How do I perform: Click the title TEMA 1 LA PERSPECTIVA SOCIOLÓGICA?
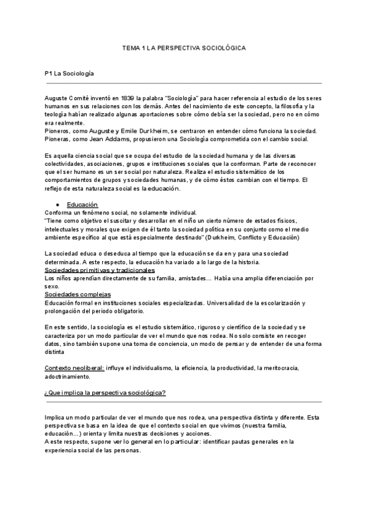pyautogui.click(x=184, y=47)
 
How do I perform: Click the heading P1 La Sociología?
pyautogui.click(x=69, y=74)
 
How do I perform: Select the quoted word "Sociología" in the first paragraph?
pyautogui.click(x=182, y=98)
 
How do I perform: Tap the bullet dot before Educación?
pyautogui.click(x=57, y=204)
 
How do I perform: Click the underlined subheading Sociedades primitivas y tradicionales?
pyautogui.click(x=100, y=270)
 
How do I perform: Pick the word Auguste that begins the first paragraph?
pyautogui.click(x=58, y=98)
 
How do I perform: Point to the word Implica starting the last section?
pyautogui.click(x=57, y=417)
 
